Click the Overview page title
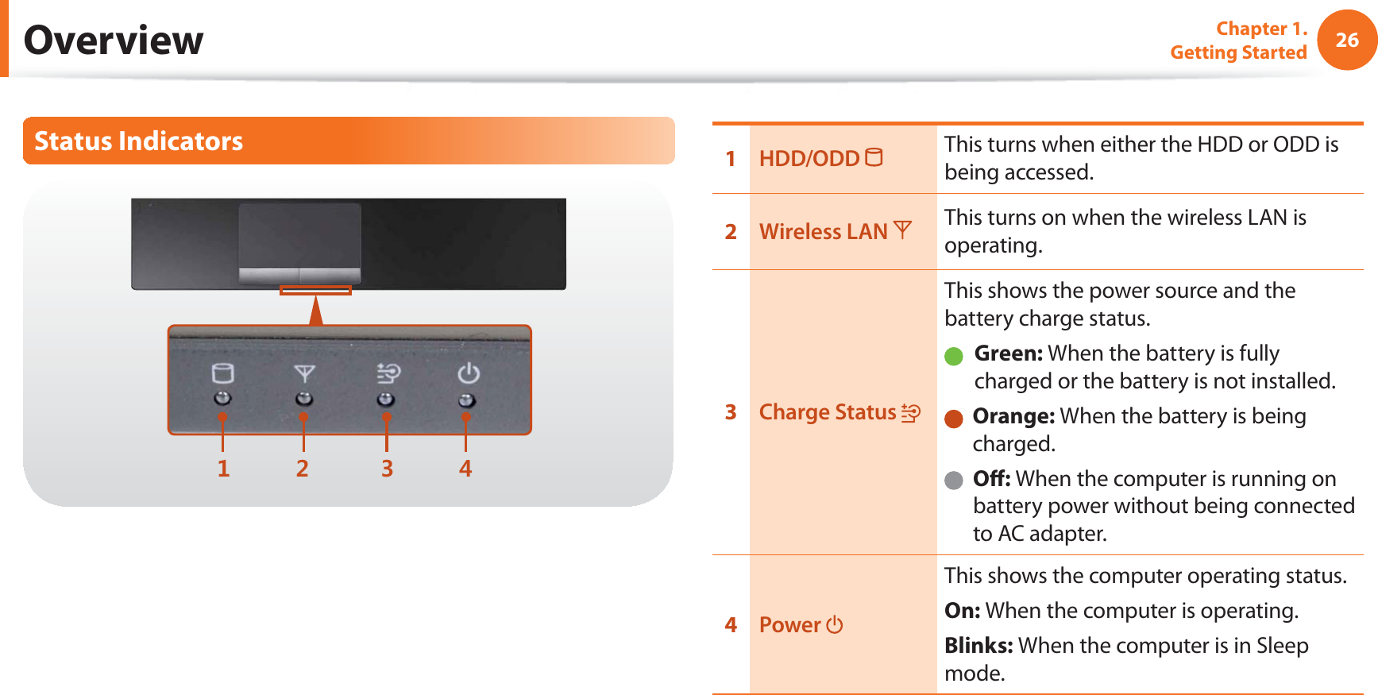coord(114,41)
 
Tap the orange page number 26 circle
coord(1346,40)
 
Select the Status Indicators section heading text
coord(138,141)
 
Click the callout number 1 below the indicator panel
coord(223,469)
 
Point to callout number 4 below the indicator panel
coord(465,469)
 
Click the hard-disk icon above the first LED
coord(222,373)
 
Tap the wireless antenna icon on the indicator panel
coord(304,373)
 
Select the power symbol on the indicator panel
coord(468,373)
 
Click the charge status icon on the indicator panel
coord(388,373)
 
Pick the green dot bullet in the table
coord(953,356)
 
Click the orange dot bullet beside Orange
coord(953,419)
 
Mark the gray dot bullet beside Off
coord(953,481)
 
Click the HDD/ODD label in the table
coord(809,159)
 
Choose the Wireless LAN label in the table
coord(823,232)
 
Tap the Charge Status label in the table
coord(828,412)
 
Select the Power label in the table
coord(789,625)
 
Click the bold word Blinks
coord(978,646)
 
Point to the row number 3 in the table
coord(731,412)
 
